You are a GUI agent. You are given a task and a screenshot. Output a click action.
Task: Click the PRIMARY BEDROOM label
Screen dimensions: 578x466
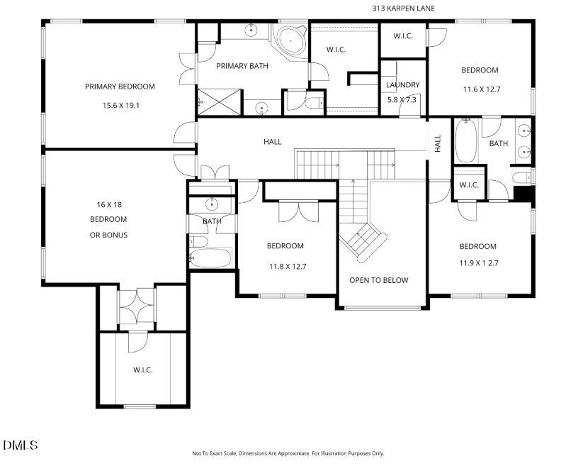(120, 87)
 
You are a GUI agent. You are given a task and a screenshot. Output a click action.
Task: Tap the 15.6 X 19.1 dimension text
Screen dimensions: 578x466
(121, 105)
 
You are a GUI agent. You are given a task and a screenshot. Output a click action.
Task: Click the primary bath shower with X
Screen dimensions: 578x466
(220, 102)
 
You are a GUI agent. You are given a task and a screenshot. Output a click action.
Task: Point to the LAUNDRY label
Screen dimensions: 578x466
(403, 85)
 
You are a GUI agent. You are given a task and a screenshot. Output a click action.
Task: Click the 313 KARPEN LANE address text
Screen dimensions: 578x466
(403, 8)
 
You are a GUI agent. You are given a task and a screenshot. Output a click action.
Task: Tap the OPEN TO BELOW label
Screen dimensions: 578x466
(378, 280)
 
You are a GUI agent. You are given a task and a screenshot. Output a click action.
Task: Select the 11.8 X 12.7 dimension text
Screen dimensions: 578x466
(288, 266)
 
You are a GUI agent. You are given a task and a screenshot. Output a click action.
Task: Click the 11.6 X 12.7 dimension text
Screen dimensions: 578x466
(482, 89)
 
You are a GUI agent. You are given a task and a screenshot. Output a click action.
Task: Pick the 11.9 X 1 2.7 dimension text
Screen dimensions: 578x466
(478, 263)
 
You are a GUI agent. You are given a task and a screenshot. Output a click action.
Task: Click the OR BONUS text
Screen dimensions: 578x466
(109, 235)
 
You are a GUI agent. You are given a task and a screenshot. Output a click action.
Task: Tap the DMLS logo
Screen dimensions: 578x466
(20, 445)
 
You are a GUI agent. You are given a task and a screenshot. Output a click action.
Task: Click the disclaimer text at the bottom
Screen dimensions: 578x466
(288, 453)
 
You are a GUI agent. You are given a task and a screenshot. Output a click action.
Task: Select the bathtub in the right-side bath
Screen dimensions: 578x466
(466, 140)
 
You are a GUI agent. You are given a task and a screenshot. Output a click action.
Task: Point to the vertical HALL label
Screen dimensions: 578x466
(438, 143)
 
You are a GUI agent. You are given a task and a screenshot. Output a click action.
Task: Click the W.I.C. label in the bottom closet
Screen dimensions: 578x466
(142, 370)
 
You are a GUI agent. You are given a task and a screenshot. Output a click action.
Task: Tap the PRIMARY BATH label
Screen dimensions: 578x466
(242, 66)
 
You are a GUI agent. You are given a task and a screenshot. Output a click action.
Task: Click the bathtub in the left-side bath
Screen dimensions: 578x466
(210, 257)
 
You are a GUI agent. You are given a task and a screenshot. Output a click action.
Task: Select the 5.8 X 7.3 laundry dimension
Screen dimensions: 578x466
(402, 99)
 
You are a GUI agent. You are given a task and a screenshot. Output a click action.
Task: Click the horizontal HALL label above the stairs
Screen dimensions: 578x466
(273, 141)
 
